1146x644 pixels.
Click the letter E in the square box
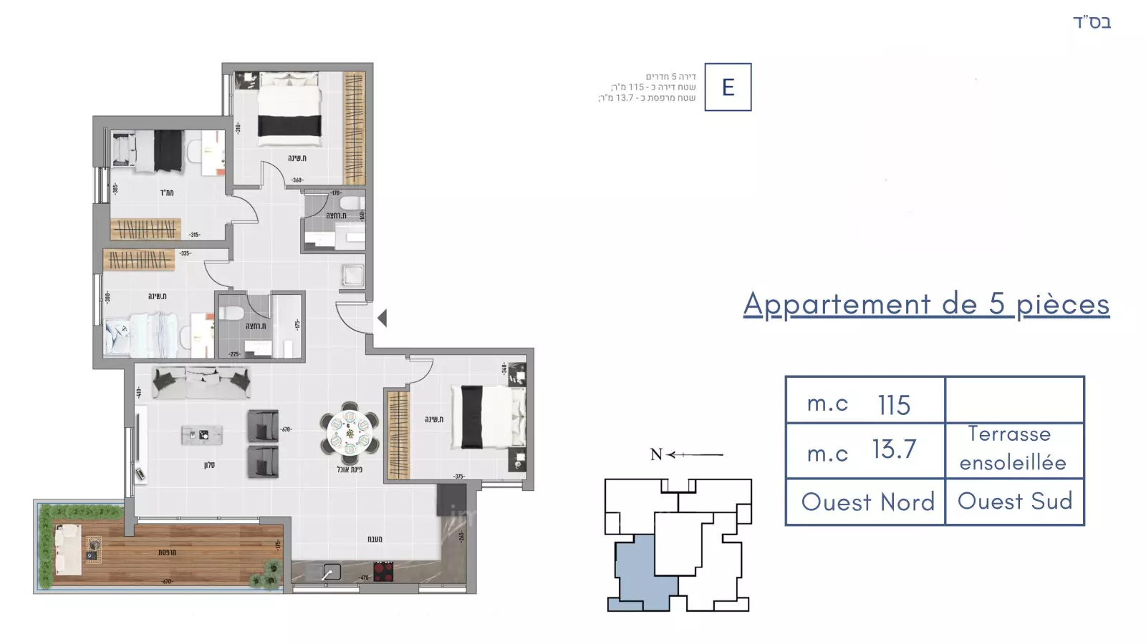tap(728, 87)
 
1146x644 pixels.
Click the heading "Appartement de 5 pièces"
tap(926, 304)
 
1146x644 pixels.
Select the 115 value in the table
tap(894, 405)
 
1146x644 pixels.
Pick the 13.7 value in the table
tap(894, 449)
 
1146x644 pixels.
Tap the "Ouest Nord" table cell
tap(867, 502)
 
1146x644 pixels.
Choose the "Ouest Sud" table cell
tap(1015, 501)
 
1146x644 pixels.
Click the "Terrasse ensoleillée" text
tap(1012, 449)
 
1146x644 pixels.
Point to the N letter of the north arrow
tap(656, 454)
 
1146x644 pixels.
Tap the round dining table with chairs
tap(350, 432)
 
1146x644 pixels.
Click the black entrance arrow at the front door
tap(382, 318)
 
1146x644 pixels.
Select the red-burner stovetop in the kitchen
tap(383, 571)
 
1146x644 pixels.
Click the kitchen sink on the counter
tap(331, 572)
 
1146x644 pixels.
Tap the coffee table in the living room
tap(202, 434)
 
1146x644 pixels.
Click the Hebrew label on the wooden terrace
tap(167, 552)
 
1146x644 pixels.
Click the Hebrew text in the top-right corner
tap(1092, 23)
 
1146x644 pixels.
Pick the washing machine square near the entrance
tap(353, 275)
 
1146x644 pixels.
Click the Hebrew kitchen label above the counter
tap(375, 539)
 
